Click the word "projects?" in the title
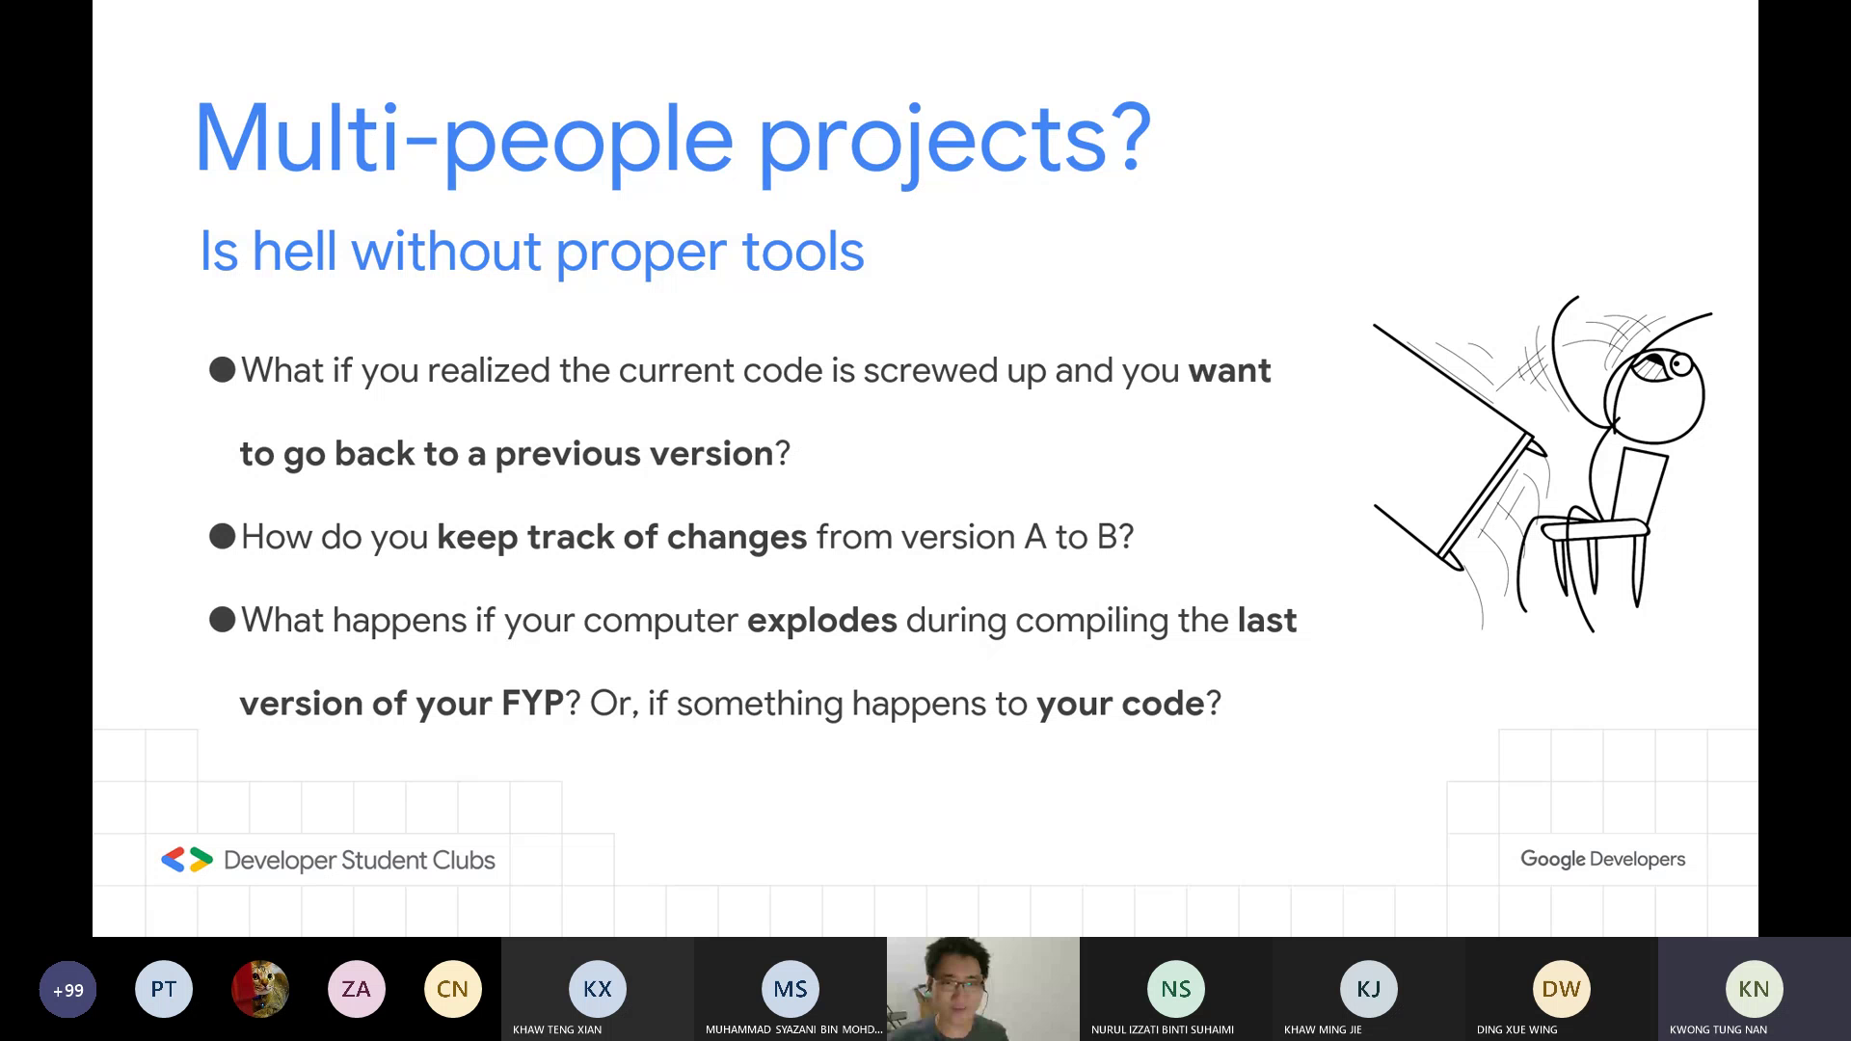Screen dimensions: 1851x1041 pyautogui.click(x=954, y=142)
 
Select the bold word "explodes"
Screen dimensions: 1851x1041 pyautogui.click(x=822, y=620)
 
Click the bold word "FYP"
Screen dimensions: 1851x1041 pyautogui.click(x=532, y=704)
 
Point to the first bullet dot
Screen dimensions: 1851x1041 pyautogui.click(x=223, y=370)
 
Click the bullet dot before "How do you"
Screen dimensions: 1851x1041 pyautogui.click(x=223, y=537)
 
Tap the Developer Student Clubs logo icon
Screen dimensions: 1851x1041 pyautogui.click(x=187, y=860)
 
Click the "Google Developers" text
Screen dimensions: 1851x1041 pyautogui.click(x=1603, y=859)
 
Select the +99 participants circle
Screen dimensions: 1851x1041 pyautogui.click(x=67, y=990)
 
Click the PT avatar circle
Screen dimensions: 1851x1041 pyautogui.click(x=164, y=989)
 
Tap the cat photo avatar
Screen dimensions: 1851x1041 pyautogui.click(x=260, y=989)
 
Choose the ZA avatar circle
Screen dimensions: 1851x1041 pyautogui.click(x=357, y=989)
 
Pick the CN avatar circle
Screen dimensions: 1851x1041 pyautogui.click(x=453, y=989)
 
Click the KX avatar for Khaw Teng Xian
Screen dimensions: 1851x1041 pyautogui.click(x=598, y=989)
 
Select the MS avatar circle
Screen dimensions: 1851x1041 pyautogui.click(x=791, y=989)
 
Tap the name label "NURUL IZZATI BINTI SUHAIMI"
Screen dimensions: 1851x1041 pyautogui.click(x=1163, y=1029)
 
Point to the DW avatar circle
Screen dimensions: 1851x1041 pyautogui.click(x=1562, y=989)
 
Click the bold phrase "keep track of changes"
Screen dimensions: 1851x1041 pyautogui.click(x=622, y=537)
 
